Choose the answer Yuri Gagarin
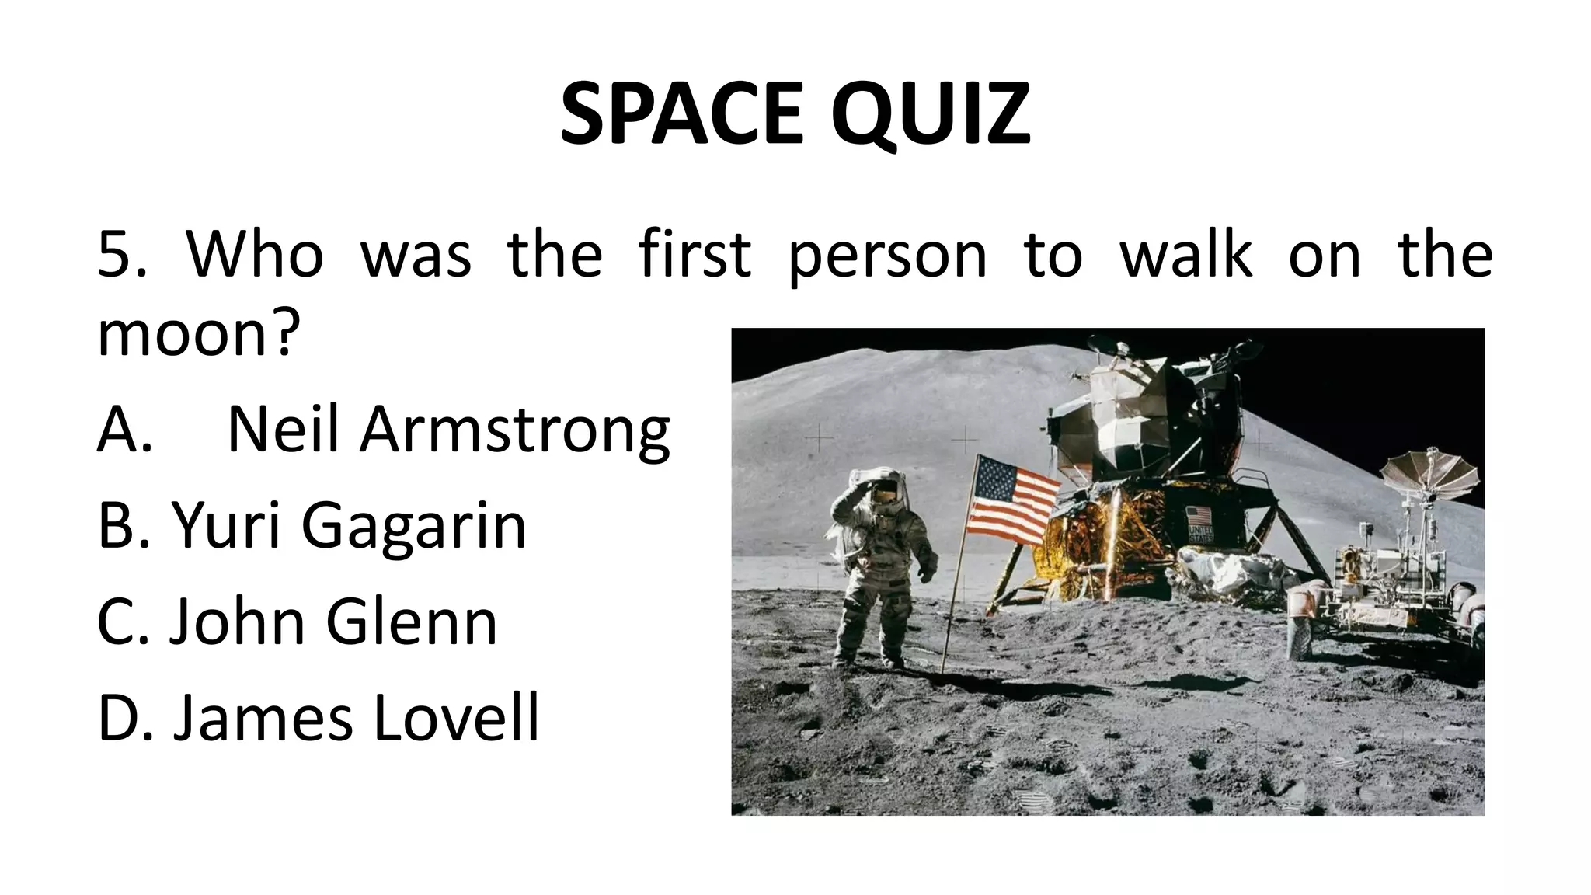348,525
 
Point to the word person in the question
886,256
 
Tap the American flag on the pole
1013,500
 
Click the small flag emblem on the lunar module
1199,516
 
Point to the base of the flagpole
944,670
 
